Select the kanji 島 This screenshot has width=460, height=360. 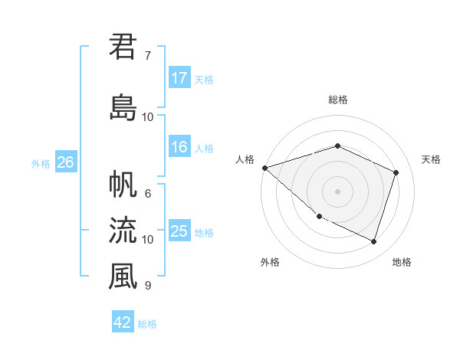(x=123, y=108)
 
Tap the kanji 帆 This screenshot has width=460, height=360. (x=123, y=185)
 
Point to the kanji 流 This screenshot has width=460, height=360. (x=123, y=231)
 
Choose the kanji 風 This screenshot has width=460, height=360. (x=123, y=277)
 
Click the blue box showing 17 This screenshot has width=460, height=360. (x=179, y=78)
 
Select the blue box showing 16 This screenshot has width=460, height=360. (x=179, y=148)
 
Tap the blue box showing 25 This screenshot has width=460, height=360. (x=179, y=232)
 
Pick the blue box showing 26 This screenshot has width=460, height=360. (x=65, y=162)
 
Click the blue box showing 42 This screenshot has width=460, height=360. (x=123, y=322)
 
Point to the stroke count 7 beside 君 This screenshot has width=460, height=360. (x=148, y=55)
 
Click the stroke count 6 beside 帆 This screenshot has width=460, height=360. (x=148, y=194)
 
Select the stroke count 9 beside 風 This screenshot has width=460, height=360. (x=148, y=286)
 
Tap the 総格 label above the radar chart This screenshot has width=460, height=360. (x=338, y=100)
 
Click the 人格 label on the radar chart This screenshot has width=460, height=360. (x=245, y=159)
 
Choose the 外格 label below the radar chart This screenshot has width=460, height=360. (x=270, y=262)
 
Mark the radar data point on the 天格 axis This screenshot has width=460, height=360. (x=396, y=172)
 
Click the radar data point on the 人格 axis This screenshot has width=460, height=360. (x=264, y=168)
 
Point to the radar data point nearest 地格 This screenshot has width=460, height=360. (x=374, y=242)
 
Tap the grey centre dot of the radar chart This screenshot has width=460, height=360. (x=338, y=191)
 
